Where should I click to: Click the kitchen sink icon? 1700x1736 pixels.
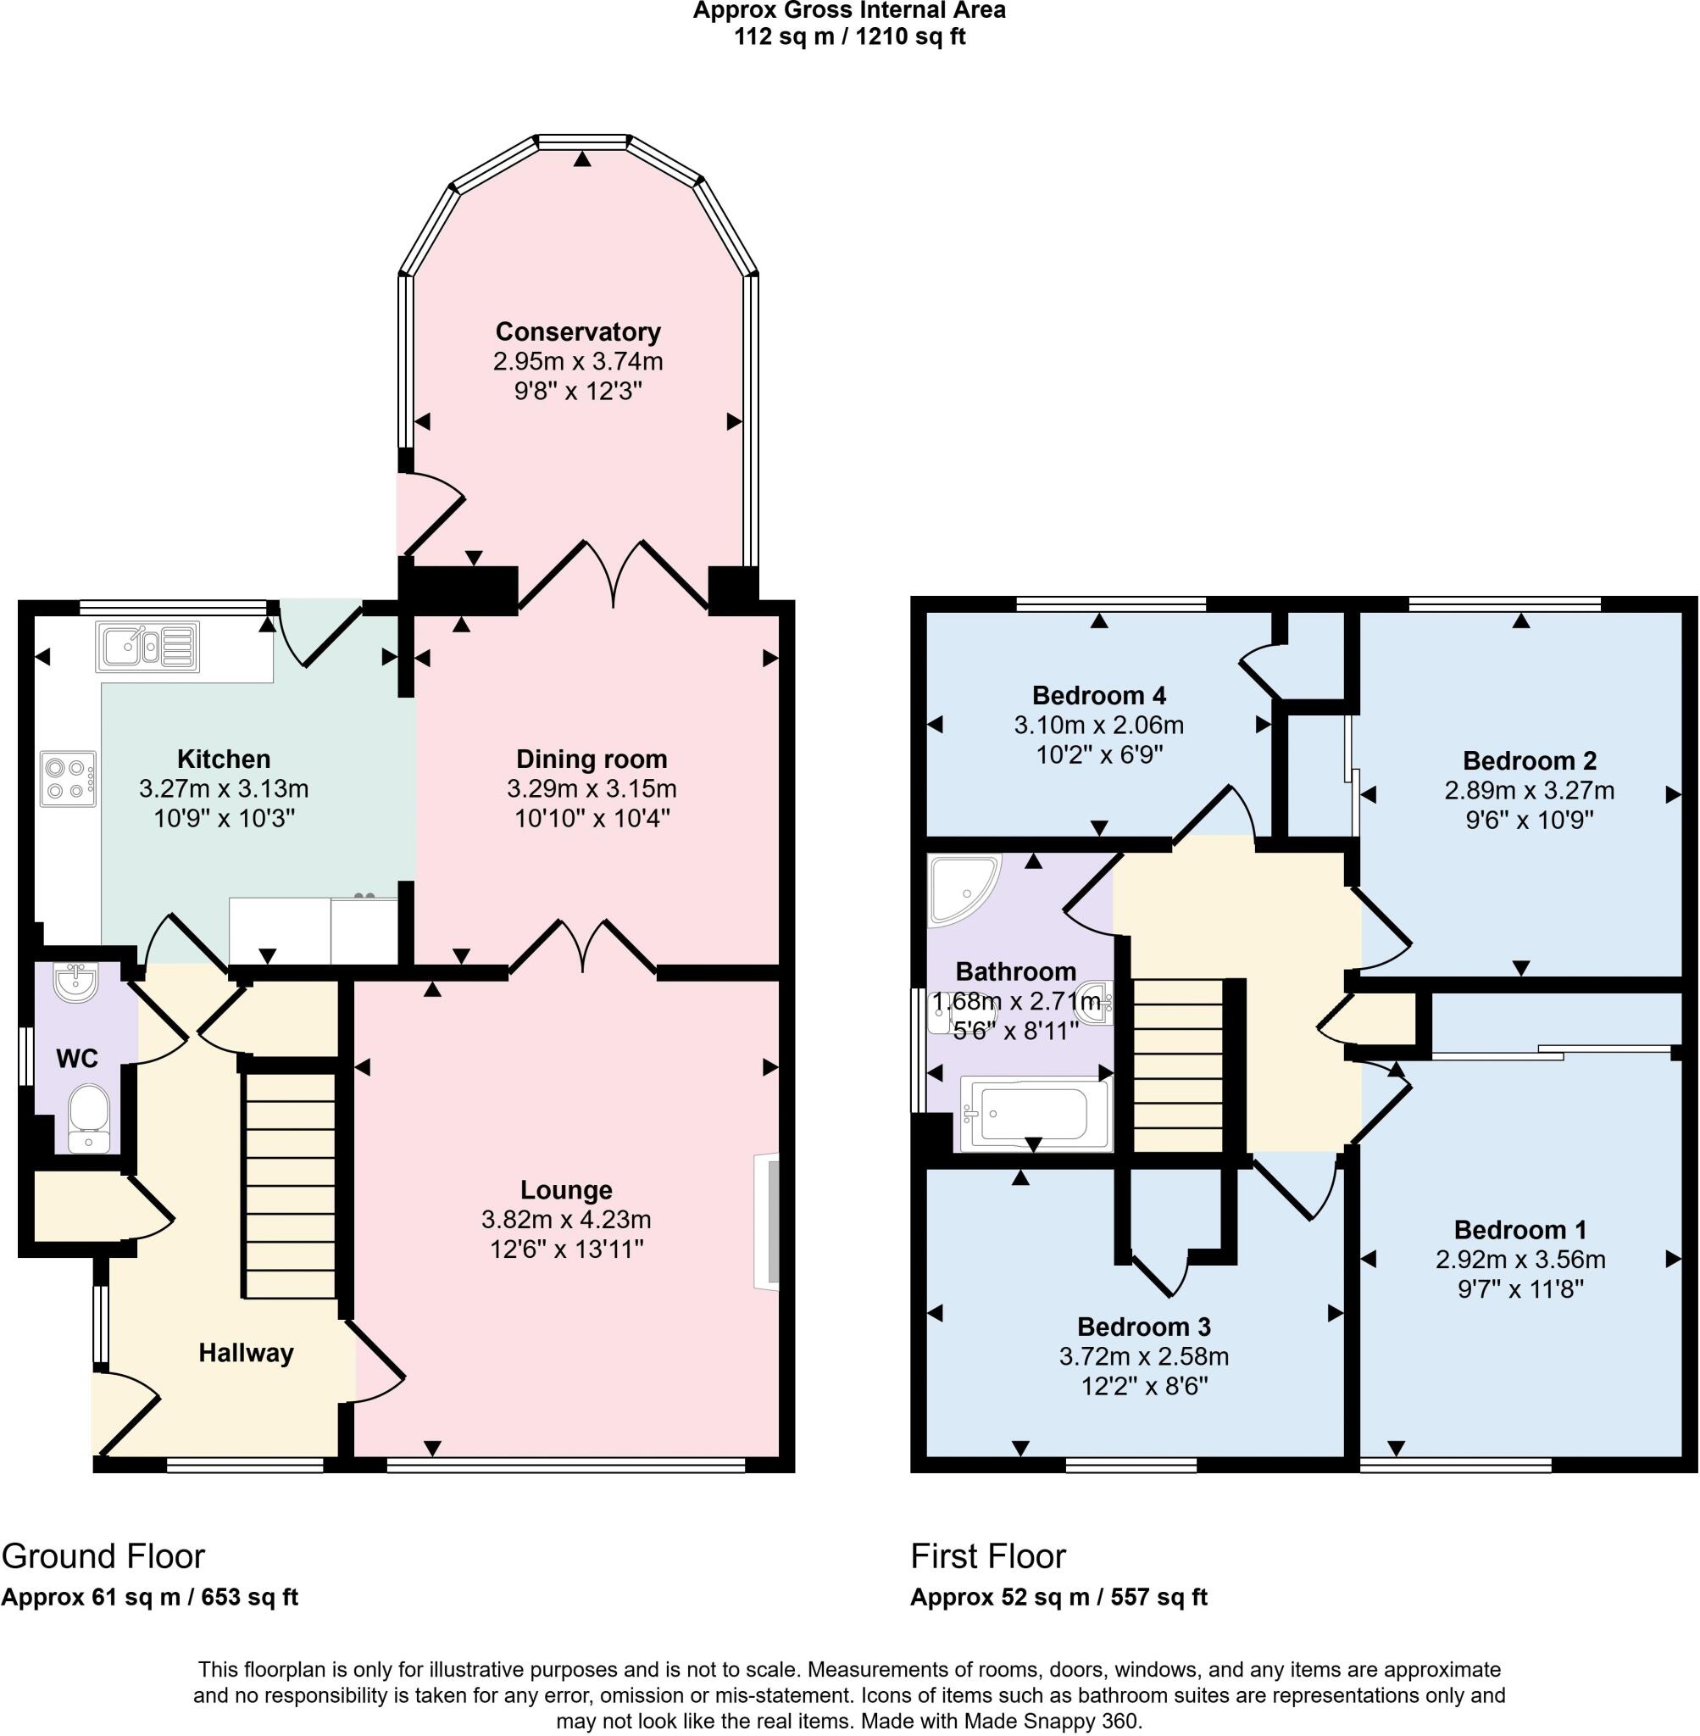[147, 646]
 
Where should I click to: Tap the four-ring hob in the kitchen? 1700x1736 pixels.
[68, 779]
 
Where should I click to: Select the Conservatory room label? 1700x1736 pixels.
[578, 331]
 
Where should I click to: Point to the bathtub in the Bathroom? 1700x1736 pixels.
[1035, 1113]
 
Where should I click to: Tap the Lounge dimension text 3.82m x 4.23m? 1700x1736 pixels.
[566, 1219]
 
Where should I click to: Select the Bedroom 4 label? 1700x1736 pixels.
[1098, 695]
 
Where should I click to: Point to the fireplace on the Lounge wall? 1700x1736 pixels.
[766, 1221]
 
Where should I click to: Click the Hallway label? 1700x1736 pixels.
[246, 1353]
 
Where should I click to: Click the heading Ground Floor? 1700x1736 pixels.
[103, 1556]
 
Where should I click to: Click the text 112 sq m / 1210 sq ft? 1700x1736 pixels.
[849, 37]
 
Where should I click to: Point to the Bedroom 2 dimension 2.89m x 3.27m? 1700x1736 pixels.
[1529, 790]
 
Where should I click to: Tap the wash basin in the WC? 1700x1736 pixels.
[74, 982]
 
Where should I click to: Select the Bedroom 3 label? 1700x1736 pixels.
[1143, 1326]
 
